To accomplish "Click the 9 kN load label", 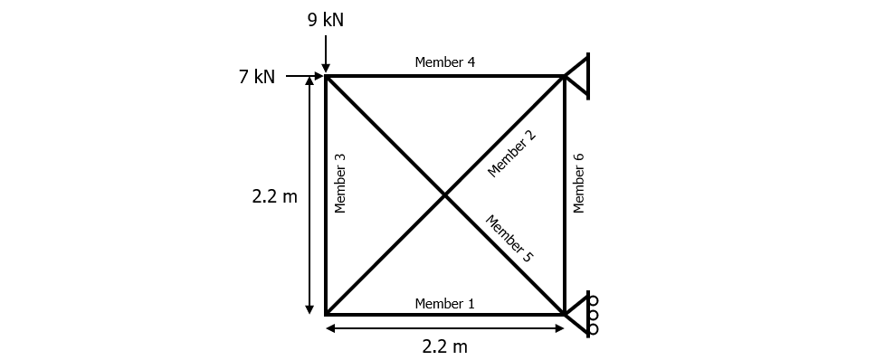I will [326, 20].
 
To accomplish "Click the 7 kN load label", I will [257, 78].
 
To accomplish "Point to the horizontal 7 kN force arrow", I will [304, 77].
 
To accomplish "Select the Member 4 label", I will [444, 62].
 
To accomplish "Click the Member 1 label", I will [444, 303].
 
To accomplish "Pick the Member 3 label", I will [340, 183].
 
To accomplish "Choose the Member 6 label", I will [579, 183].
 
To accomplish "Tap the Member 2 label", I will [511, 154].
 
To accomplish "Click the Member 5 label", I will [509, 239].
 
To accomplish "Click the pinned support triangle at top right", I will [578, 76].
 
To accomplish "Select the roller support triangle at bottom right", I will [576, 314].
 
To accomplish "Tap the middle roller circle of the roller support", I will [593, 314].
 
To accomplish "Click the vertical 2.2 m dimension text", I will [274, 196].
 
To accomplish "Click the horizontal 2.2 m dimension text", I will [444, 346].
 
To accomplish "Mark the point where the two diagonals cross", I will [444, 195].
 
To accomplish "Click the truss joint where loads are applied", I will [326, 77].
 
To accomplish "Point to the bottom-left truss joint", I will [326, 314].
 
